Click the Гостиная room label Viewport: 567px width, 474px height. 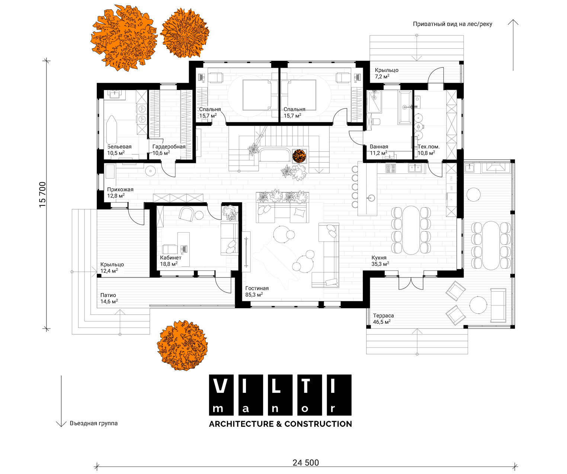pos(257,288)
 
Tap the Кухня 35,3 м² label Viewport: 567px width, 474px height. pos(380,261)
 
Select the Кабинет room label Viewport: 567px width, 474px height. pos(170,257)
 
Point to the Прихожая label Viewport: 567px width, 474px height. pos(120,190)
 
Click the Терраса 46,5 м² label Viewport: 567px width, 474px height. pos(383,318)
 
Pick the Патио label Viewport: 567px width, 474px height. pos(108,295)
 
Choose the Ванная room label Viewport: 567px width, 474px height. pos(379,147)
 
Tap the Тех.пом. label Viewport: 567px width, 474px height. pos(429,147)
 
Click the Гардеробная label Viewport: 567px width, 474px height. pos(169,147)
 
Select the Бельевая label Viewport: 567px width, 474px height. pos(119,147)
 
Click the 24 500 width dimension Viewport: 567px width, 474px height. pos(306,462)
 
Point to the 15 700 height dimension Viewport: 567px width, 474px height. pos(43,195)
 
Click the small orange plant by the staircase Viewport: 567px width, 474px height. pos(299,156)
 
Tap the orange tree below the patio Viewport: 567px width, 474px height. pos(182,345)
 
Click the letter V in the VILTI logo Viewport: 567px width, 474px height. pos(220,386)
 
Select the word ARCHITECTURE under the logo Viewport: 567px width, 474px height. pos(241,424)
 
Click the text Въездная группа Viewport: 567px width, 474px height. pos(94,423)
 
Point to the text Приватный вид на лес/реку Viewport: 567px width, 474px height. pos(452,24)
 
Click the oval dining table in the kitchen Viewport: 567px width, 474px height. pos(411,230)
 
